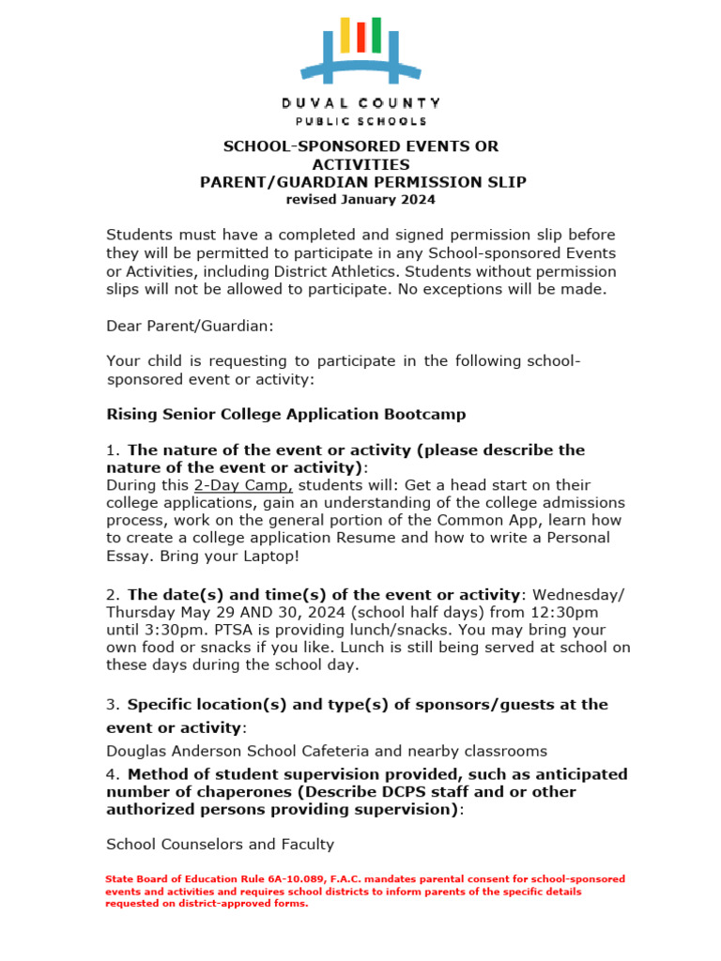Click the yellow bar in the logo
(345, 35)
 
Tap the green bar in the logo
(376, 35)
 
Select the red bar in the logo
(360, 38)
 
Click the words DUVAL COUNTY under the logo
(360, 102)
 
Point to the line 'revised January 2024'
(360, 199)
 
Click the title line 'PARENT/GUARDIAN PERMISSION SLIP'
(363, 182)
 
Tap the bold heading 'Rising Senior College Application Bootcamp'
(286, 414)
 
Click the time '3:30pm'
(173, 630)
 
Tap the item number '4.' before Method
(114, 774)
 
